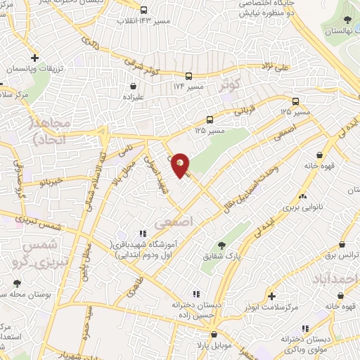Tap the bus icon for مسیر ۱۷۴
pos(188,76)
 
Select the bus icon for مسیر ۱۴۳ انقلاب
pos(143,11)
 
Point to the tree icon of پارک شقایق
pos(222,245)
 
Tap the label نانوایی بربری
pos(302,209)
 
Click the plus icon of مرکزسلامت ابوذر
pos(272,297)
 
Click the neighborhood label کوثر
pos(230,86)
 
